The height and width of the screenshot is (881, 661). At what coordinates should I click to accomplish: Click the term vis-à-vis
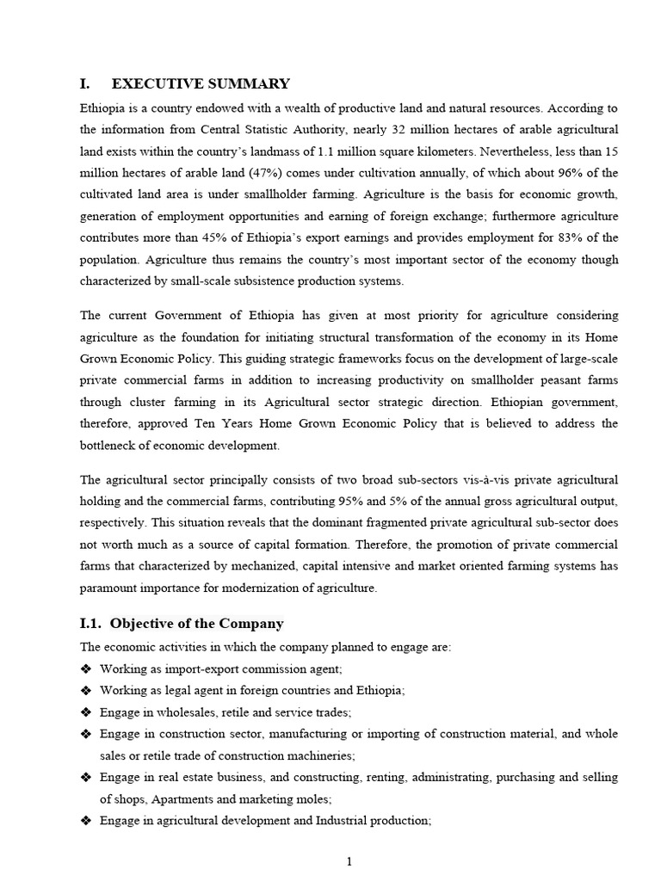coord(428,479)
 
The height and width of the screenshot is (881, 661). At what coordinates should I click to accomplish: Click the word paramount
coord(114,588)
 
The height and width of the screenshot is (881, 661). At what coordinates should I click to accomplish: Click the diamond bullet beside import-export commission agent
coord(86,668)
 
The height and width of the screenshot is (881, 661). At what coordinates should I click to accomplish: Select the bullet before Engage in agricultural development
coord(86,821)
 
